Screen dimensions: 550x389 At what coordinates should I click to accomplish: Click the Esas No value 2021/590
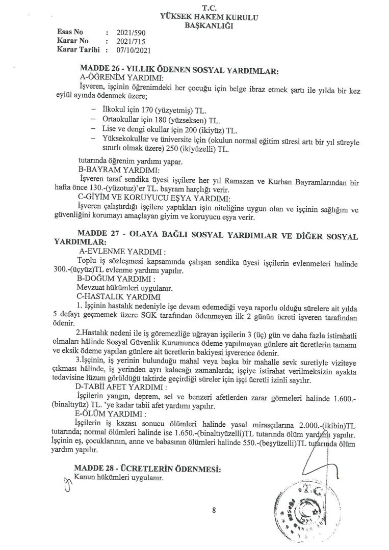click(128, 32)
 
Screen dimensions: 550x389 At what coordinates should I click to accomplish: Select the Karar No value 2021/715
click(128, 41)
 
